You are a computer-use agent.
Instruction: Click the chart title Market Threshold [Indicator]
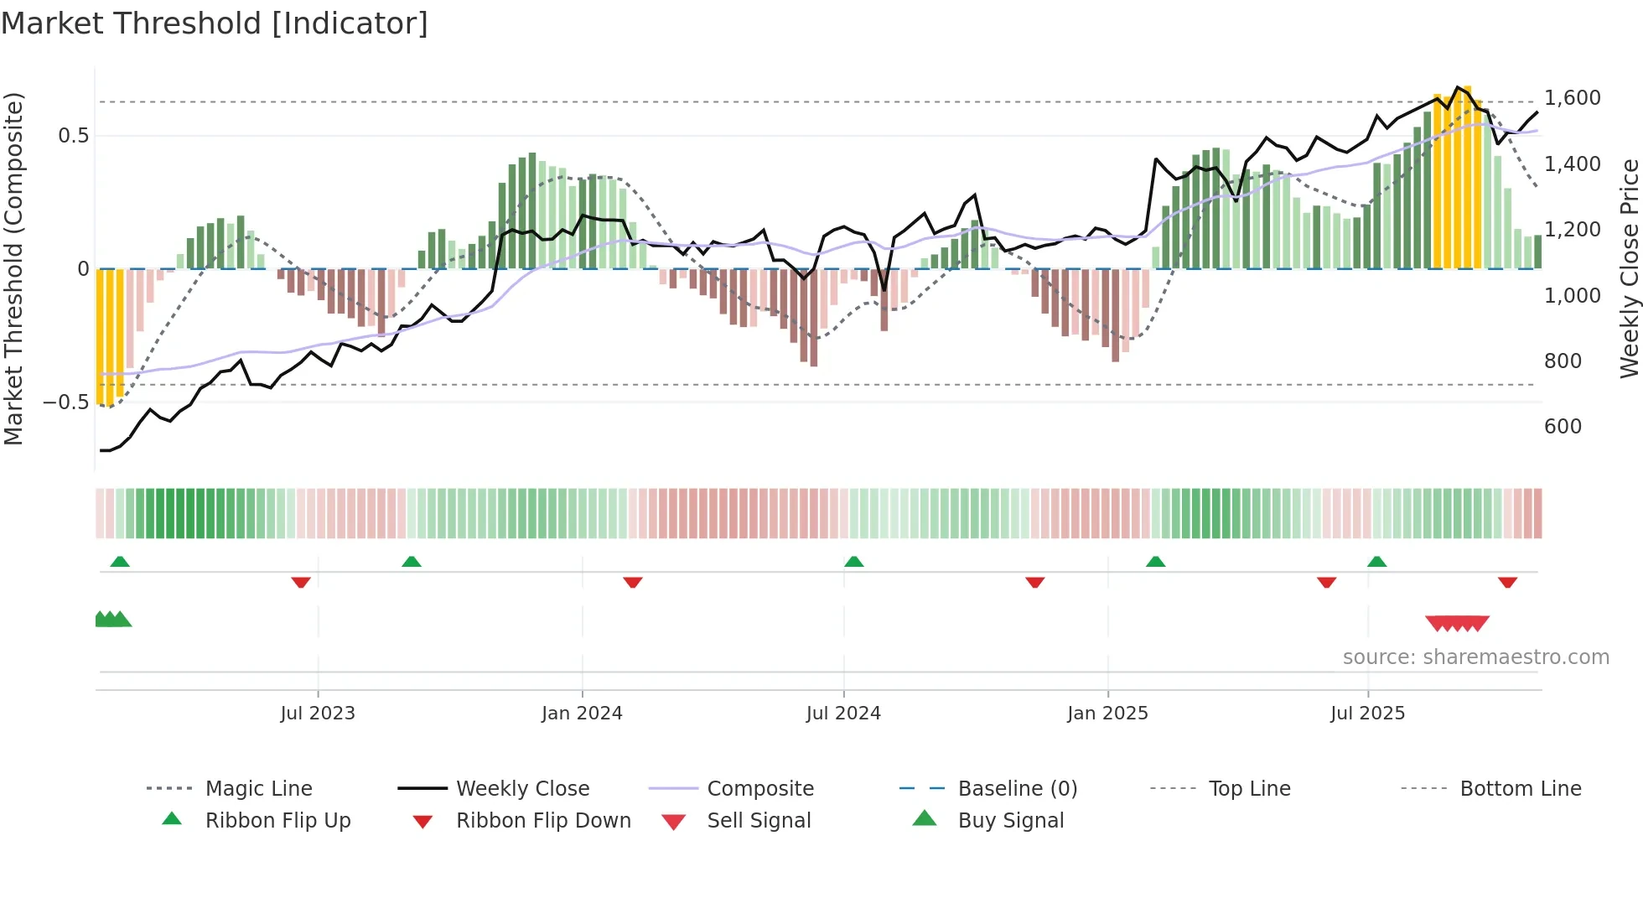[215, 23]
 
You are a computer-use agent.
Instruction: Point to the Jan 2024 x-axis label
[582, 714]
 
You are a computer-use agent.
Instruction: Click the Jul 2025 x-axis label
[1367, 714]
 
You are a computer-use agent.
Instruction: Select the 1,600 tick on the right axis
[1573, 98]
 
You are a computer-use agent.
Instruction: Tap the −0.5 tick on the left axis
[65, 402]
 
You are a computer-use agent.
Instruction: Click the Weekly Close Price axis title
[1629, 268]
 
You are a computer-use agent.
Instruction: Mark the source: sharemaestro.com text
[1475, 657]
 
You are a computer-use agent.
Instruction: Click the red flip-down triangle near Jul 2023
[301, 582]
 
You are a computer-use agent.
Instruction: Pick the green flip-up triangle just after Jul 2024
[853, 562]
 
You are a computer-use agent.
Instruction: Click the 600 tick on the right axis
[1563, 427]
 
